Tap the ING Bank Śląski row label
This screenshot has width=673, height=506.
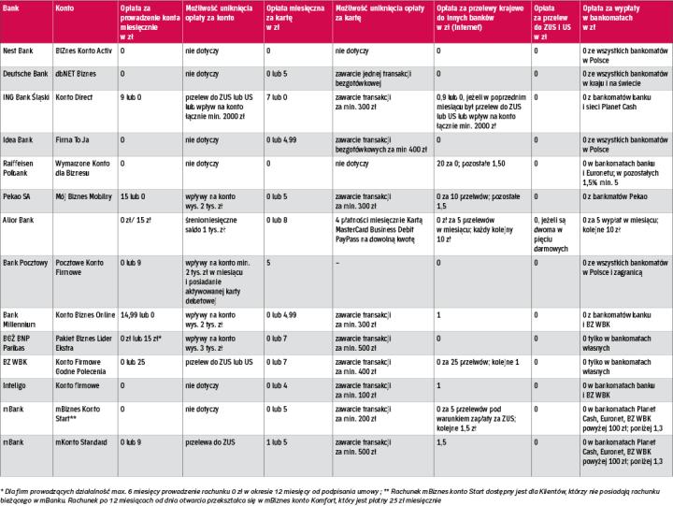click(29, 97)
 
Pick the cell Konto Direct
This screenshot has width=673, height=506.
click(77, 97)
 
